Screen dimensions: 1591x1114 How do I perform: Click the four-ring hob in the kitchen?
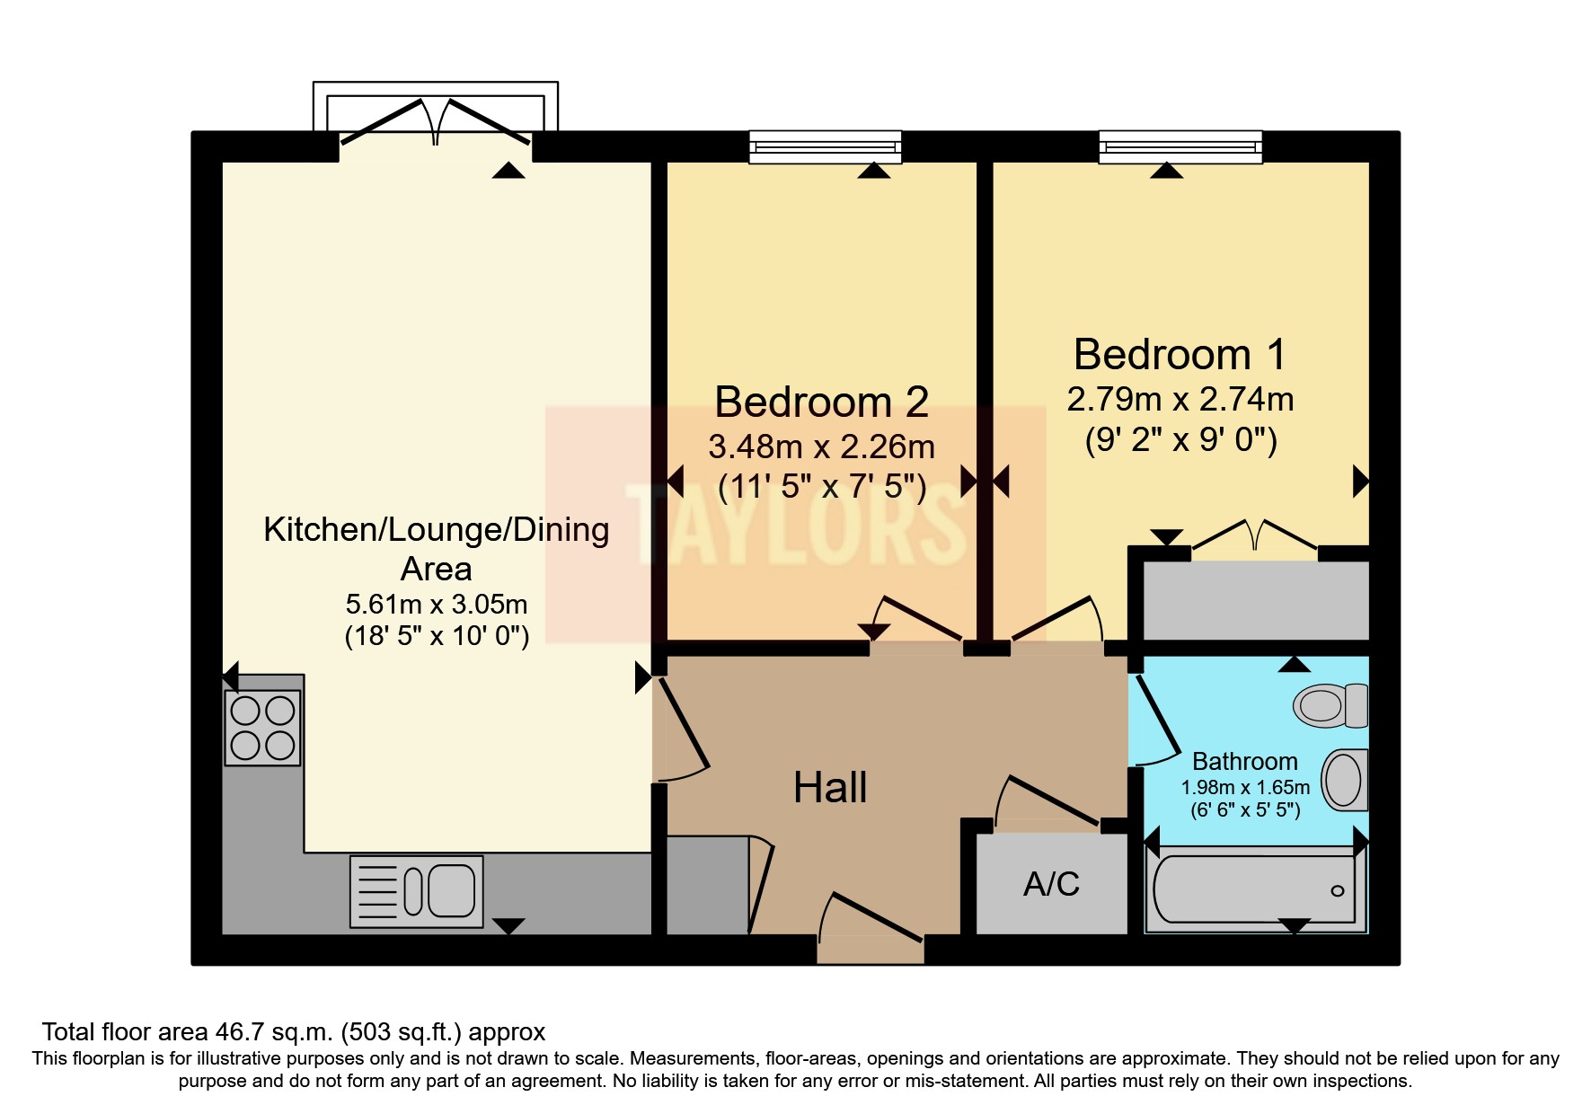click(262, 728)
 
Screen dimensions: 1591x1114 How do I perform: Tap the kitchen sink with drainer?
click(416, 891)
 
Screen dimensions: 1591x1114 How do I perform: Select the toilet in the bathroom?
click(1330, 705)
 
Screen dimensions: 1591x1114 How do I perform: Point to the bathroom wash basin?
click(1345, 780)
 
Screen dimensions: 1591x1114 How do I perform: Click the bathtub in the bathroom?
click(1255, 889)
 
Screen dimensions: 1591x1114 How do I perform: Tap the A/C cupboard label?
click(1051, 884)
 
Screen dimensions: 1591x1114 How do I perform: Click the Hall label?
click(830, 788)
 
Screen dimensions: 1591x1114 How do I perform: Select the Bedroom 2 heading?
click(821, 402)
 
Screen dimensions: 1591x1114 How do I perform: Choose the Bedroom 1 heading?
click(1180, 354)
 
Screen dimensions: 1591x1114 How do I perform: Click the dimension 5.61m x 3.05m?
click(437, 604)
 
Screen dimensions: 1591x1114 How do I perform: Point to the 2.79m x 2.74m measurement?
click(1180, 399)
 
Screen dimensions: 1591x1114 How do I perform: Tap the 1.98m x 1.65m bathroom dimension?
click(1245, 788)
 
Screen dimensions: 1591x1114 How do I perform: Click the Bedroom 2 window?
click(826, 147)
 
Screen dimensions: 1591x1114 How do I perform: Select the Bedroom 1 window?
click(1180, 147)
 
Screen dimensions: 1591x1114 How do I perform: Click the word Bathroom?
click(1245, 762)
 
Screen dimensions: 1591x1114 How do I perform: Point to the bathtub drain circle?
click(1338, 891)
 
